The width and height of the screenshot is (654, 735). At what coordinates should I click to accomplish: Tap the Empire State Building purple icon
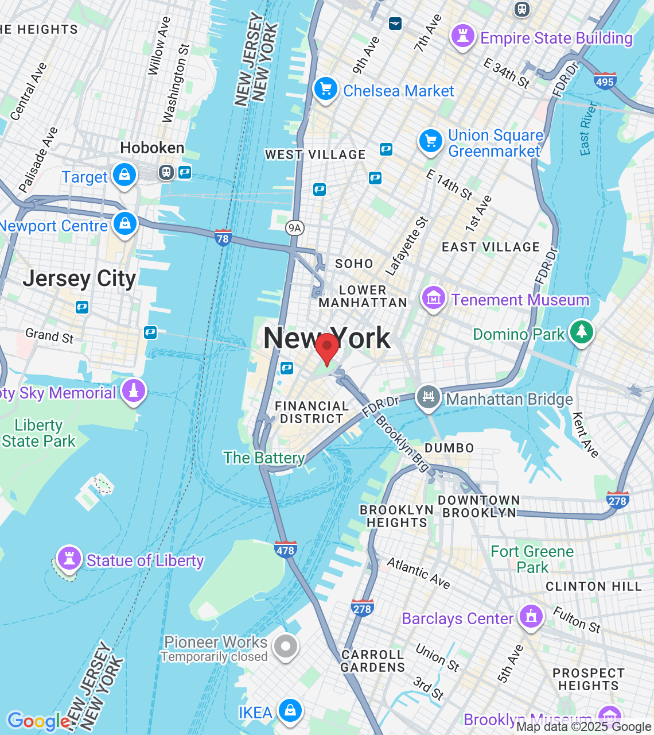[x=462, y=37]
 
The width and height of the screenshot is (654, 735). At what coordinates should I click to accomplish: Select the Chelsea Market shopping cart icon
[x=326, y=90]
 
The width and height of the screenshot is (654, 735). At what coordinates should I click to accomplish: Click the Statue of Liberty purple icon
[x=69, y=558]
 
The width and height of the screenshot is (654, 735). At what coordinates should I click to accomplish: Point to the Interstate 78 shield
[x=223, y=238]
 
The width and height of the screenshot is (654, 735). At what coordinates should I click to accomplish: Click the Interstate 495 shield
[x=605, y=80]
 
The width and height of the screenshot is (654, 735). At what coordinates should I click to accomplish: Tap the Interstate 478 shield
[x=285, y=550]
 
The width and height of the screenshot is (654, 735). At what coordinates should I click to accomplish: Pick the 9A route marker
[x=294, y=228]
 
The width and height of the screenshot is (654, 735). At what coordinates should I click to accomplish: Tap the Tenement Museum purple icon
[x=434, y=299]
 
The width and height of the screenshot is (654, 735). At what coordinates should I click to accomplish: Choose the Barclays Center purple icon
[x=531, y=617]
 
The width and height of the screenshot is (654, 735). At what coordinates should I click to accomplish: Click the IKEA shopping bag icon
[x=290, y=711]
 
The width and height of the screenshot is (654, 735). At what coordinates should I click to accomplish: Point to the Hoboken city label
[x=152, y=148]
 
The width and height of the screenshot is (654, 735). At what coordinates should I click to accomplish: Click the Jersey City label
[x=79, y=278]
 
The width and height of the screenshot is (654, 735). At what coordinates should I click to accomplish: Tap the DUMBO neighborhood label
[x=449, y=448]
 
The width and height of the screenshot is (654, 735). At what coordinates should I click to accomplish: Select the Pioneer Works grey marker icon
[x=285, y=647]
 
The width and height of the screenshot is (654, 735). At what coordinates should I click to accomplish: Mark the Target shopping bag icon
[x=124, y=175]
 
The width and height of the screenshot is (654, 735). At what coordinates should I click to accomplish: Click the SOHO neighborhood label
[x=354, y=264]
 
